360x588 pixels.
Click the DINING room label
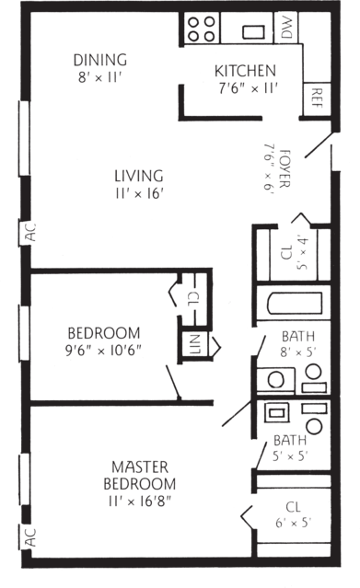point(100,60)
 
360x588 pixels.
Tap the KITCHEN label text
point(245,71)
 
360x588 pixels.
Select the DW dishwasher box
point(286,28)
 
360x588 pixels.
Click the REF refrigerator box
point(317,98)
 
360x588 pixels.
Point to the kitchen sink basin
point(253,32)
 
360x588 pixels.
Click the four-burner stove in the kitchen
point(202,29)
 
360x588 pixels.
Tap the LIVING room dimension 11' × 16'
point(139,194)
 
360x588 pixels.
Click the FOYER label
point(285,168)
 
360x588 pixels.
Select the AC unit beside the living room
point(27,233)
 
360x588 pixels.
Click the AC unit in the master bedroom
point(27,537)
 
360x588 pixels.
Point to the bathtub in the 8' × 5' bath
point(295,303)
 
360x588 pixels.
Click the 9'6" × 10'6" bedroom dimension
point(103,351)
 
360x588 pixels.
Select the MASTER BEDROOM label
point(139,475)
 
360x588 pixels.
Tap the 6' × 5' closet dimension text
point(294,522)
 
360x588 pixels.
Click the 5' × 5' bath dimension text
point(290,455)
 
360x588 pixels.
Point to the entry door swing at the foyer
point(318,144)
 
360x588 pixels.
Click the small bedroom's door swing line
point(173,382)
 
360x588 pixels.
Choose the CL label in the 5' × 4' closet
point(286,252)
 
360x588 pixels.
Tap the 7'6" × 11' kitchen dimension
point(249,88)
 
